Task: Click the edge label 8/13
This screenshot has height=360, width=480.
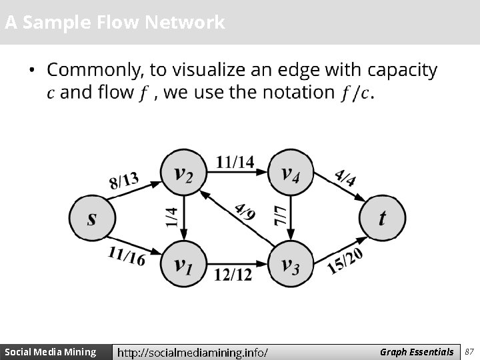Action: click(x=125, y=180)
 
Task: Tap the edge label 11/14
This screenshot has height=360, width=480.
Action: click(x=235, y=161)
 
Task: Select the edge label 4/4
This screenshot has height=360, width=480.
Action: click(x=345, y=178)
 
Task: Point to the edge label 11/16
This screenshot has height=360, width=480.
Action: click(x=126, y=255)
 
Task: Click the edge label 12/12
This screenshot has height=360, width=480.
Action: click(x=233, y=274)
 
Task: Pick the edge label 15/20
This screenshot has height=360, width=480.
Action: click(x=345, y=260)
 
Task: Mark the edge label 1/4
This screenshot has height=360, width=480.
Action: click(x=172, y=216)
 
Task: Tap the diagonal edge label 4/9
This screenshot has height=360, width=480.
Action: click(x=245, y=211)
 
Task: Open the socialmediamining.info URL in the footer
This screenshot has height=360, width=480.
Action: click(x=193, y=352)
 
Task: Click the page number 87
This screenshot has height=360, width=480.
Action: click(x=469, y=351)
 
